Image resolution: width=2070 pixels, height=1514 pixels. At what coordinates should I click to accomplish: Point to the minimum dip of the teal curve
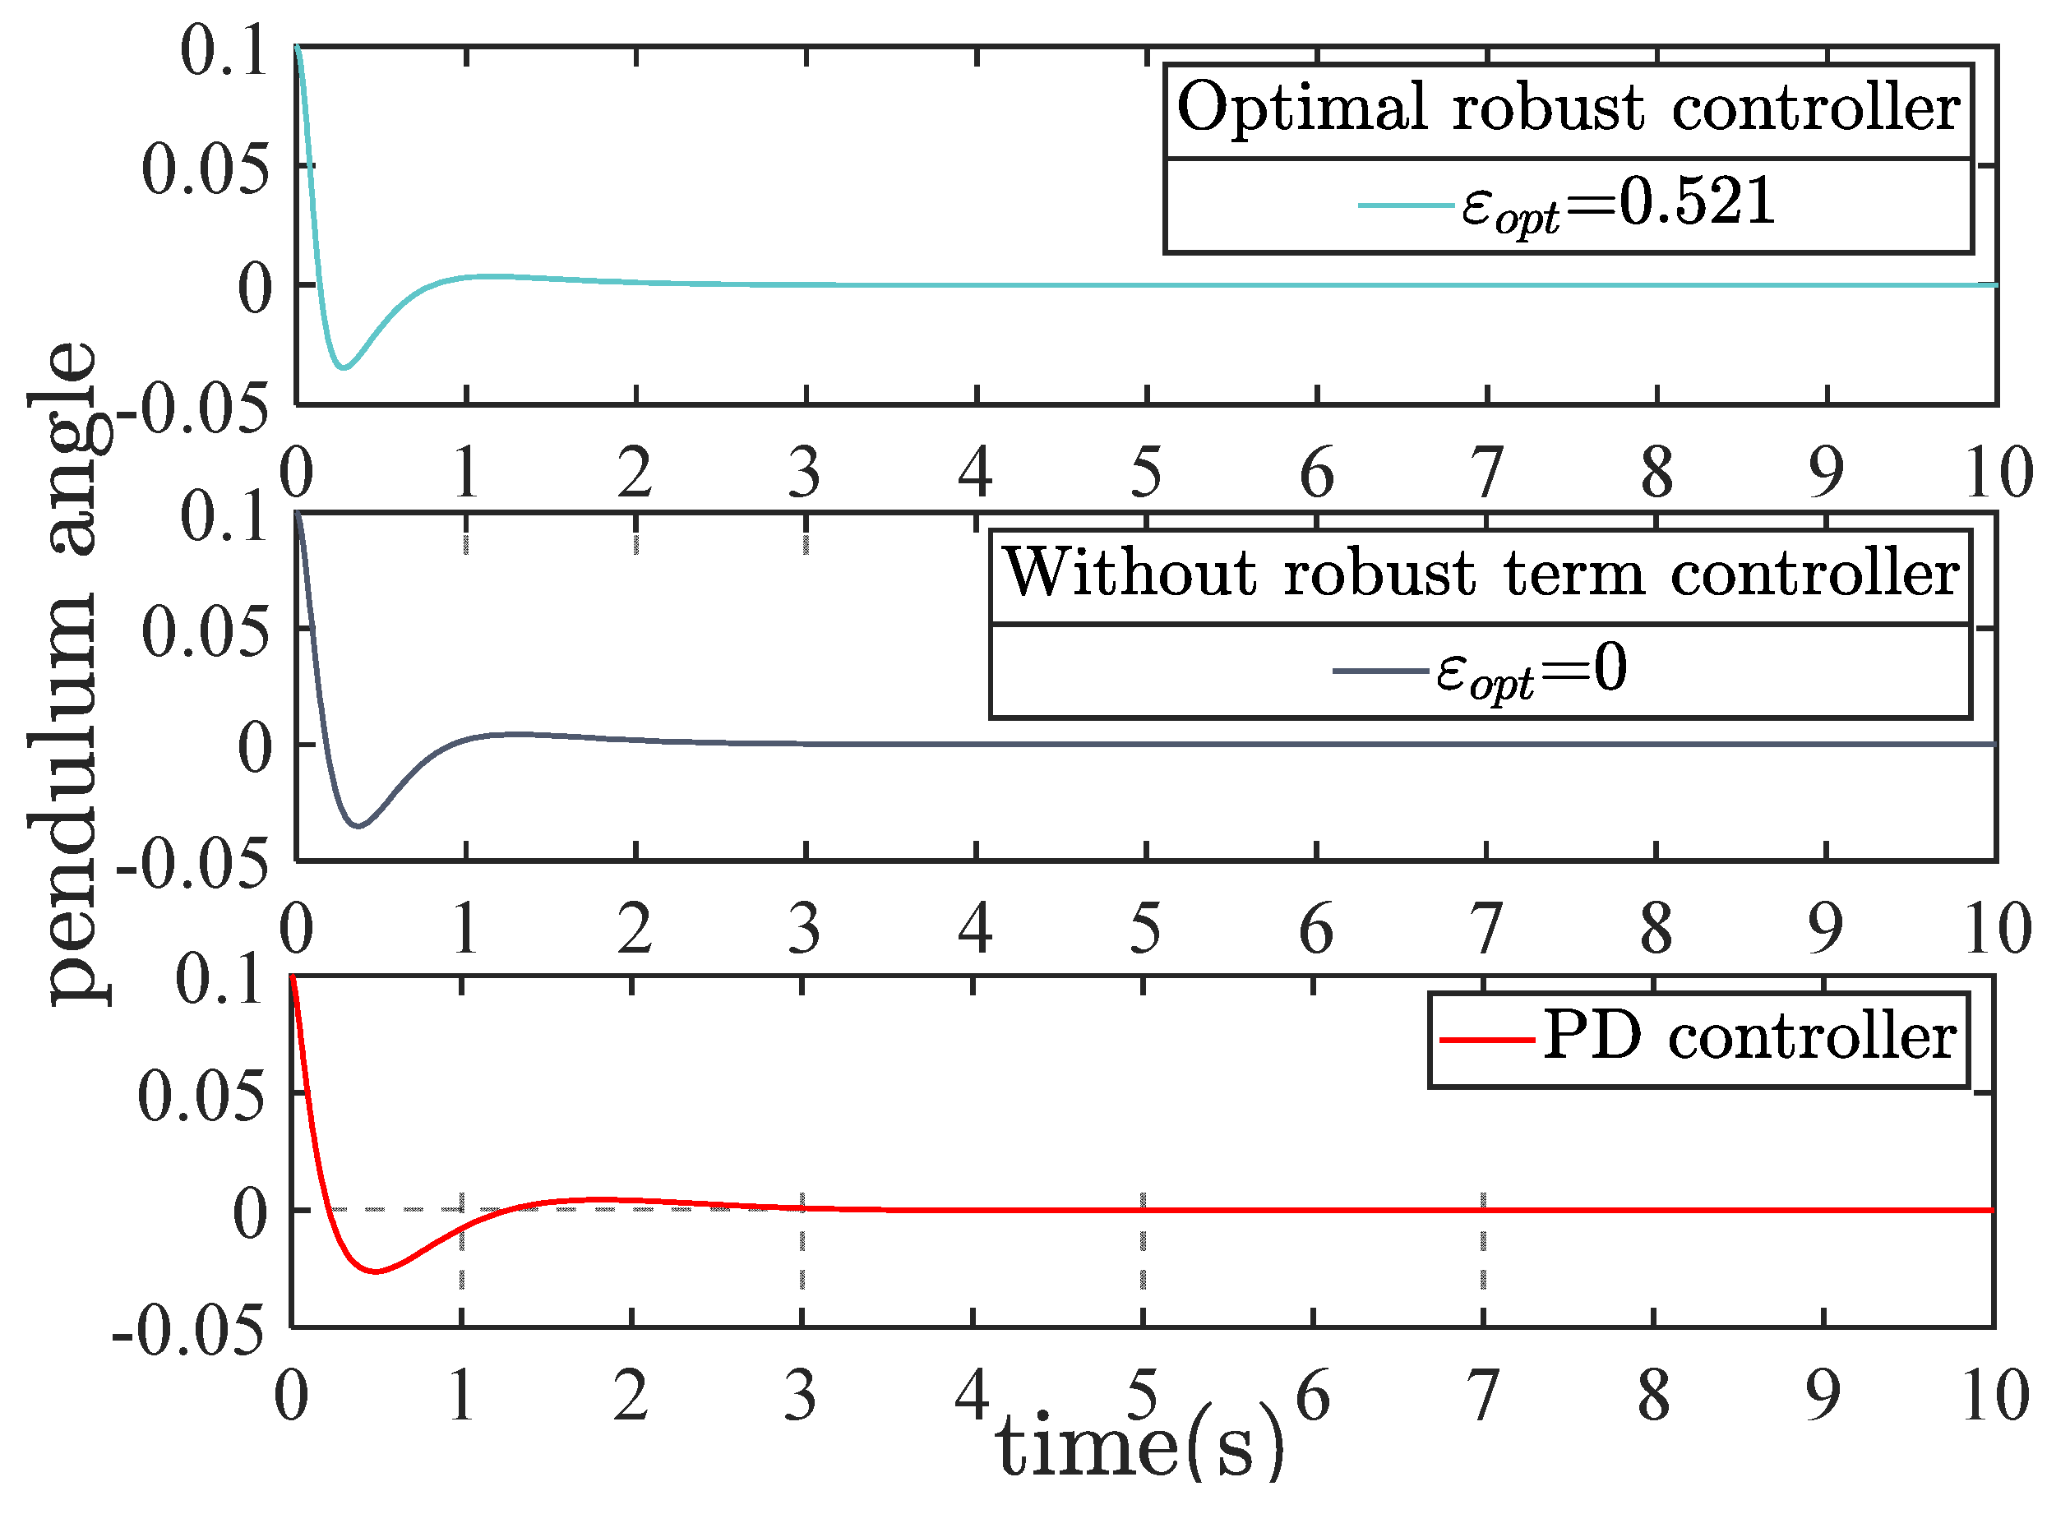coord(343,367)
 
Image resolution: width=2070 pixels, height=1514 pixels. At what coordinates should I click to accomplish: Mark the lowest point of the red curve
coord(376,1272)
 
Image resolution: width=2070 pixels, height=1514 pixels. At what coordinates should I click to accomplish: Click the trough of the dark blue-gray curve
coord(358,826)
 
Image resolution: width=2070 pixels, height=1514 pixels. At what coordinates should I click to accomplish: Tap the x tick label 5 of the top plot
coord(1146,473)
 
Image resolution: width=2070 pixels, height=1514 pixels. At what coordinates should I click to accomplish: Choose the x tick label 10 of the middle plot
coord(1997,929)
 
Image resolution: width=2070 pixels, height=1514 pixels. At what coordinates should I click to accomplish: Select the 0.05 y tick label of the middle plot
coord(206,632)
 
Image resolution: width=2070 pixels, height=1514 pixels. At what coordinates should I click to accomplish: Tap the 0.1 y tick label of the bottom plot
coord(220,981)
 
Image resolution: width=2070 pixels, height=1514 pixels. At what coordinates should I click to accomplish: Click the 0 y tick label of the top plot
coord(255,289)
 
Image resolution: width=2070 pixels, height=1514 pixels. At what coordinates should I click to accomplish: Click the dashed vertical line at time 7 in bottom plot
coord(1483,1246)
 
